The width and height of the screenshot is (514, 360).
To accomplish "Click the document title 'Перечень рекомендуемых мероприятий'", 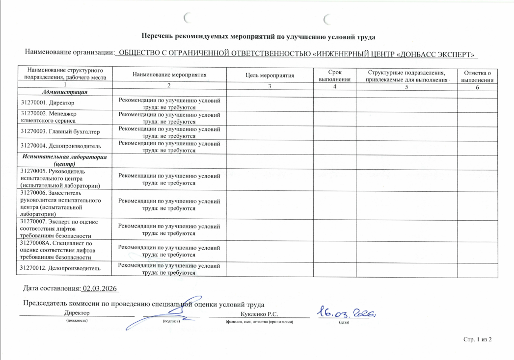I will pos(259,36).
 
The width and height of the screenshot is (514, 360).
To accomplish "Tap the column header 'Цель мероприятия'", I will pos(269,75).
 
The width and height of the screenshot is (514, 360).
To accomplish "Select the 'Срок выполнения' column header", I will pos(335,75).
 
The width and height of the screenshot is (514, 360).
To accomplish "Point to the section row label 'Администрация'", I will pos(65,92).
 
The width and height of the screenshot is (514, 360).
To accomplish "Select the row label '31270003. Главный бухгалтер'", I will pos(60,131).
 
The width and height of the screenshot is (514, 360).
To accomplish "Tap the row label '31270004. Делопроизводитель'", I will pos(60,146).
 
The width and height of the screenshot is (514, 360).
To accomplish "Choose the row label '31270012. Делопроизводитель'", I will pos(60,268).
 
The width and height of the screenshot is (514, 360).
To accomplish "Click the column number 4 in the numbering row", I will pos(335,87).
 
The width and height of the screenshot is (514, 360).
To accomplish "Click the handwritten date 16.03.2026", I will pos(346,311).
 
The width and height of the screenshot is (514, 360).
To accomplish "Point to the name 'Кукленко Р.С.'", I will pos(259,314).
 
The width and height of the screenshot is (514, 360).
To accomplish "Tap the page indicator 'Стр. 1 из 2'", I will pos(477,339).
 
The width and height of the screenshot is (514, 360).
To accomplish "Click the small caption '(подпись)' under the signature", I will pos(171,322).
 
